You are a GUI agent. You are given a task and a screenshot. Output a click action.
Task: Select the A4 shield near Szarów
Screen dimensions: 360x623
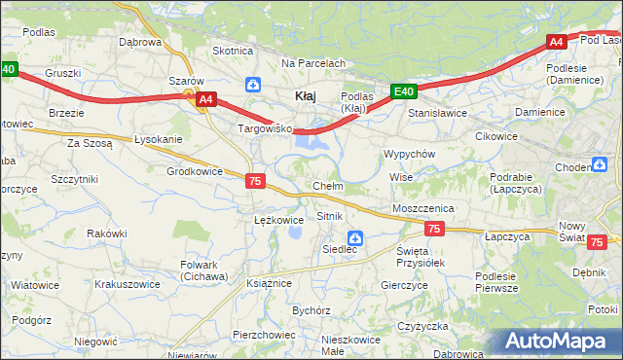[204, 99]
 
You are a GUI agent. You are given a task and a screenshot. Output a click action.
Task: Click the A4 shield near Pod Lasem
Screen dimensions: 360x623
[556, 42]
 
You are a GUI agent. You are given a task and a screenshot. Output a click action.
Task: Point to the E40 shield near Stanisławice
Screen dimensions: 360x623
[404, 92]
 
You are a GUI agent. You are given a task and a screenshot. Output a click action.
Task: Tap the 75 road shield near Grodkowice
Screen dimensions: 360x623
[255, 181]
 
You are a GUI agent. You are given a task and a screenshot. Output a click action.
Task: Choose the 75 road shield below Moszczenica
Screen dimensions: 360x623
[434, 229]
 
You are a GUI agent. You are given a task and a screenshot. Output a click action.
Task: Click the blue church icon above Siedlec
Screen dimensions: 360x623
[355, 237]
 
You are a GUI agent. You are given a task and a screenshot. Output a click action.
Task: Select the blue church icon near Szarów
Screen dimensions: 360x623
[253, 85]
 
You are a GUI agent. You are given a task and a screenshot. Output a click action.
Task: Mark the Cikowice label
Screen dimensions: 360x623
[496, 136]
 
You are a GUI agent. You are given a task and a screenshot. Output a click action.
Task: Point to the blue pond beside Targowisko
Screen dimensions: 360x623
[310, 144]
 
